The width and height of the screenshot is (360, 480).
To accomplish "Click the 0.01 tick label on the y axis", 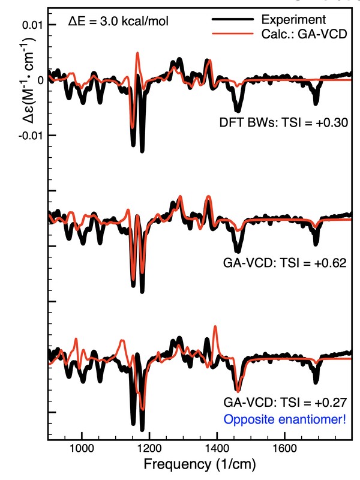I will pyautogui.click(x=32, y=25).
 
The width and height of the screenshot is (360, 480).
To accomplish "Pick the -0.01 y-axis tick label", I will pyautogui.click(x=30, y=136).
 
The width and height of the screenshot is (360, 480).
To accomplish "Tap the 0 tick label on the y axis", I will pyautogui.click(x=40, y=80).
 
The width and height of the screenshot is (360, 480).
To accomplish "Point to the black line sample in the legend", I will pyautogui.click(x=233, y=20).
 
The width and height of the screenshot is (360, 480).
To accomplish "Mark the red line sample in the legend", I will pyautogui.click(x=233, y=34).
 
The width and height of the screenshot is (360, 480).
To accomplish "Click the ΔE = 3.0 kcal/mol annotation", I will pyautogui.click(x=118, y=22).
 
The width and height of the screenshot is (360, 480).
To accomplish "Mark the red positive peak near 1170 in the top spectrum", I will pyautogui.click(x=137, y=54).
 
